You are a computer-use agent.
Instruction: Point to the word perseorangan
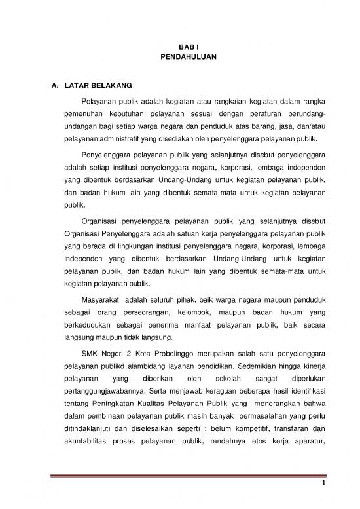[145, 314]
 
